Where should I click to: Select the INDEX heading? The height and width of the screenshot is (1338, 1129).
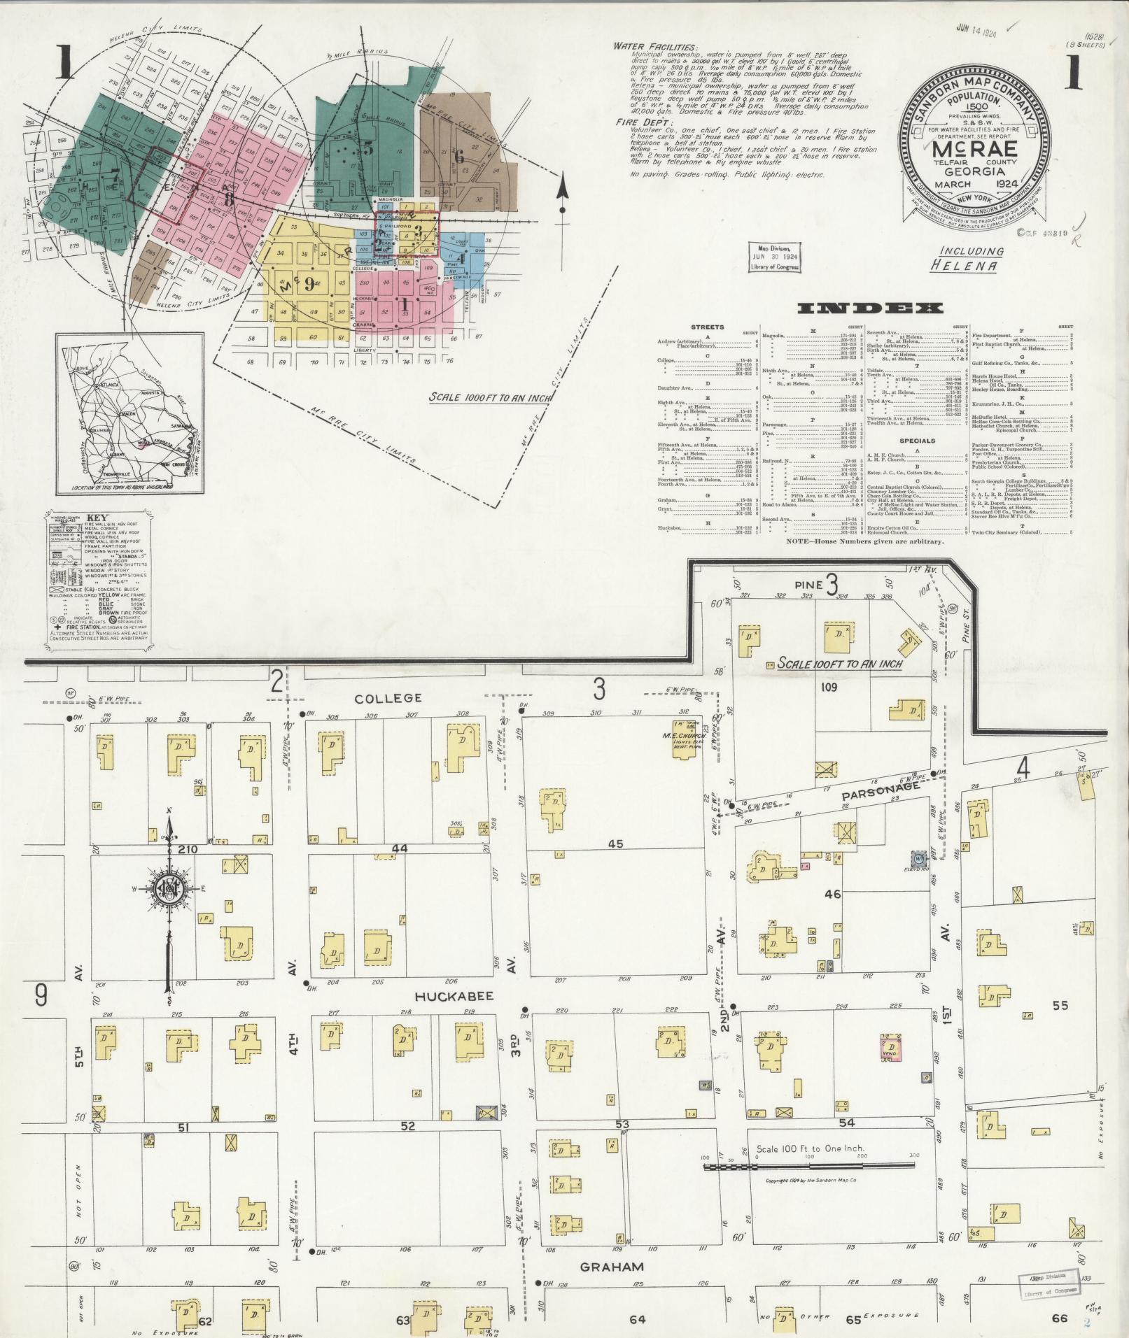869,308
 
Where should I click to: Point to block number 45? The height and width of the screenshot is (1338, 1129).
615,844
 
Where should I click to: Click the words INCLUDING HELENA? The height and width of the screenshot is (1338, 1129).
972,258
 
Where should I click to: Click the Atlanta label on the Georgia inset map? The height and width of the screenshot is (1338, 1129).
108,385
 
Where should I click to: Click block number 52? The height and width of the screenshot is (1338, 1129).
407,1126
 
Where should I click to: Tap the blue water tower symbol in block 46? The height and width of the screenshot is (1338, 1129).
918,857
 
